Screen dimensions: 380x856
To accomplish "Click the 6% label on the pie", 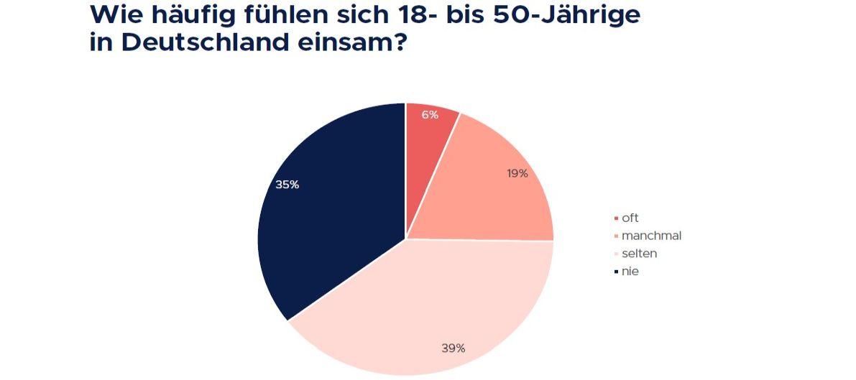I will [x=430, y=115].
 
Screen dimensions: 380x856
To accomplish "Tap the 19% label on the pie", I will [x=517, y=173].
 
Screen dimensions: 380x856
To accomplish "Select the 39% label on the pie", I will [x=453, y=348].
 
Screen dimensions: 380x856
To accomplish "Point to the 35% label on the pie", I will [x=287, y=185].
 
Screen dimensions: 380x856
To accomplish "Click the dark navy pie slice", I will [x=331, y=216].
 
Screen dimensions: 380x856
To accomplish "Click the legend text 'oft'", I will [x=630, y=218].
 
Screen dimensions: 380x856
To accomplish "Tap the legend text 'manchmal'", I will [x=651, y=236].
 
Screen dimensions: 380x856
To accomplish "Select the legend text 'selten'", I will [x=639, y=254].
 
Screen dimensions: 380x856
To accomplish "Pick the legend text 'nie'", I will [x=630, y=272].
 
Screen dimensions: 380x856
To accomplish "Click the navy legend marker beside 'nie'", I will [x=616, y=272].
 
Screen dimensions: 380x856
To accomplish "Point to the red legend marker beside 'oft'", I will [x=616, y=218].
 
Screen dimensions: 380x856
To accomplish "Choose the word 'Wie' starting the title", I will [x=114, y=14].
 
